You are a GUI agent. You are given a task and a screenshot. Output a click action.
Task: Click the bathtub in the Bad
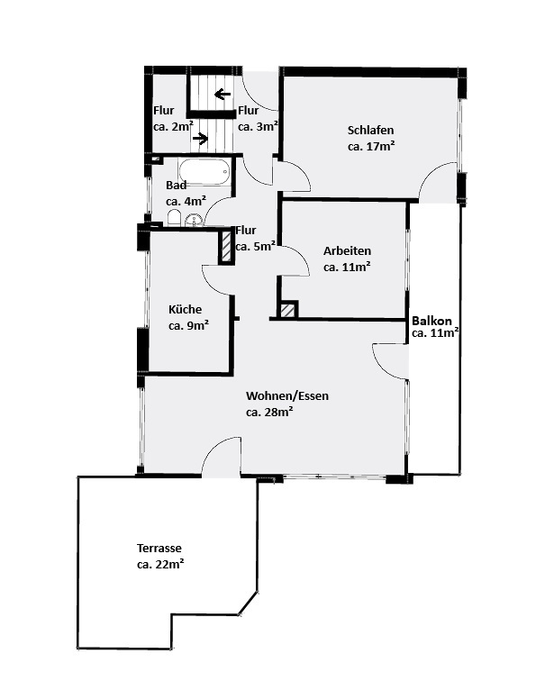[204, 172]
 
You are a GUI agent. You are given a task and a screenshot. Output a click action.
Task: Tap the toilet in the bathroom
[174, 218]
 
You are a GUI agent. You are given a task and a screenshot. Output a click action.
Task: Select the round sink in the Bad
[193, 220]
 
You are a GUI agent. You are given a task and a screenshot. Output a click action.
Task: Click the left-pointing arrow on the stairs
[223, 94]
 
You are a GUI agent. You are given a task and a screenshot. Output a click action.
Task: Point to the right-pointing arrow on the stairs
[200, 139]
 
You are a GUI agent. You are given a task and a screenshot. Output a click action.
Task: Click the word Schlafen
[370, 131]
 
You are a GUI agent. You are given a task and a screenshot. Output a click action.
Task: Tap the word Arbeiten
[347, 251]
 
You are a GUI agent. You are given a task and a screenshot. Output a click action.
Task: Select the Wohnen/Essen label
[287, 396]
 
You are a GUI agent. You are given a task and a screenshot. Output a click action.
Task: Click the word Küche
[185, 310]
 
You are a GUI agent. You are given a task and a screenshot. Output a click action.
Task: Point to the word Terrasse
[159, 548]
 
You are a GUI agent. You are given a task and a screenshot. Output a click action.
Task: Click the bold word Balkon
[431, 321]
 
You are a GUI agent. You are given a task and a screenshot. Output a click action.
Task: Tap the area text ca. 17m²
[371, 146]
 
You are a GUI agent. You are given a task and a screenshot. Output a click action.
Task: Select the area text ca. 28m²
[269, 413]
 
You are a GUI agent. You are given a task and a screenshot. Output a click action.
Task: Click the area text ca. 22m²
[160, 565]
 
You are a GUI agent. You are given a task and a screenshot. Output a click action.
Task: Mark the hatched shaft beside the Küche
[226, 247]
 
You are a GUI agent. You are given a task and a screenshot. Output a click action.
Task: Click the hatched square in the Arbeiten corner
[287, 310]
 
